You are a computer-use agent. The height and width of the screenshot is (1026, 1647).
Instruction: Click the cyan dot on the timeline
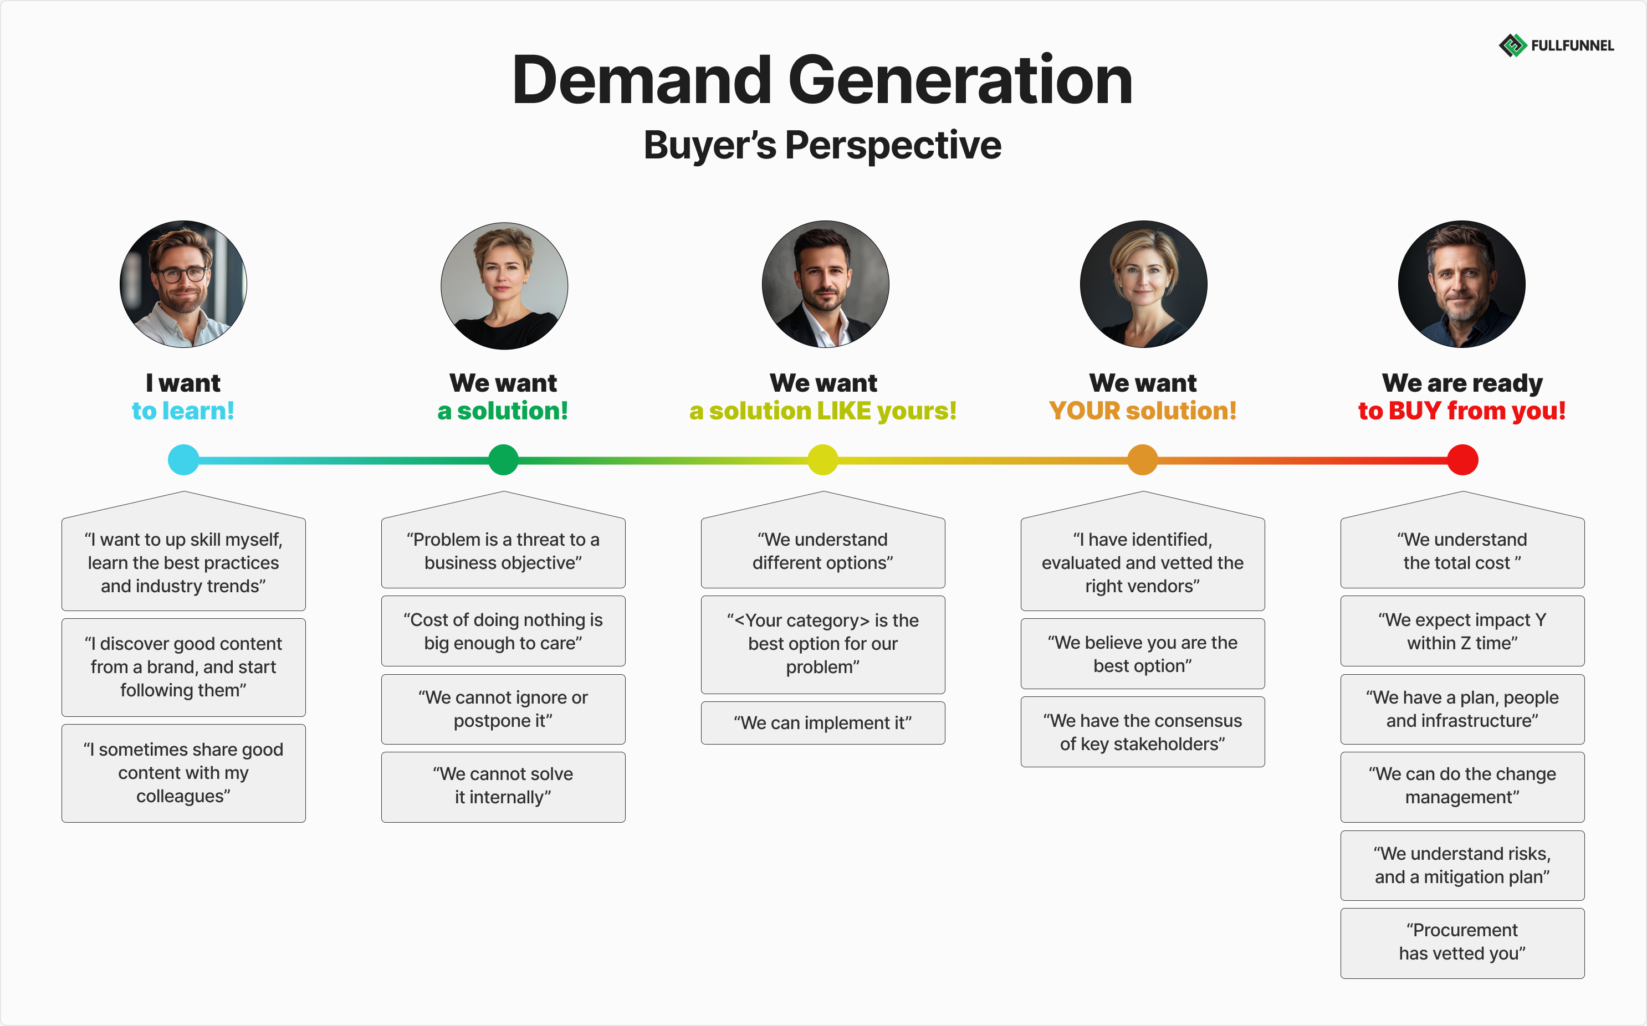click(x=183, y=460)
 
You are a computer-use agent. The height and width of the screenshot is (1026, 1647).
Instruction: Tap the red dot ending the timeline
click(x=1462, y=460)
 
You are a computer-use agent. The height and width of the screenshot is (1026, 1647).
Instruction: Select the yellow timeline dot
click(x=822, y=460)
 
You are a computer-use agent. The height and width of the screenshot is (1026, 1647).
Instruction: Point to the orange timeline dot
click(x=1142, y=460)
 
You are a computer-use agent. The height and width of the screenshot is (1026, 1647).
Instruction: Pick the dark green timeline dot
click(x=503, y=460)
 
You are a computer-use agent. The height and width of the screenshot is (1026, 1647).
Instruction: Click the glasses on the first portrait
click(x=182, y=275)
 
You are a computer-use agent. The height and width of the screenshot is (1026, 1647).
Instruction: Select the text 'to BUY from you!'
click(x=1462, y=411)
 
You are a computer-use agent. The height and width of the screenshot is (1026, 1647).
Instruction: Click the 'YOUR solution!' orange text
click(x=1142, y=411)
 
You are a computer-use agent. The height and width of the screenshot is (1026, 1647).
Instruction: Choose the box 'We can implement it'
click(x=822, y=722)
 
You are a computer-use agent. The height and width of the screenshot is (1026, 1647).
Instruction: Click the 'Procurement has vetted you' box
click(x=1462, y=942)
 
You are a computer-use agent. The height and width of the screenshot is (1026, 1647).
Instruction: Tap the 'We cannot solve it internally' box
click(x=503, y=786)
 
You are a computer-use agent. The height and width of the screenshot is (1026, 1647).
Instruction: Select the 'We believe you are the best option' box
click(x=1142, y=654)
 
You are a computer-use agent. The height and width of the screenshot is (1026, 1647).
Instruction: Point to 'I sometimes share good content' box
click(x=183, y=773)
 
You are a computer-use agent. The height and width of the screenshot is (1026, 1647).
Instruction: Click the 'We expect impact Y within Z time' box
click(x=1462, y=631)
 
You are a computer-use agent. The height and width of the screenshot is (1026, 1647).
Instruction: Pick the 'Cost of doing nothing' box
click(x=503, y=631)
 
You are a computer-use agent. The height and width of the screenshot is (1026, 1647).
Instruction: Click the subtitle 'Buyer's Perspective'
click(x=822, y=145)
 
